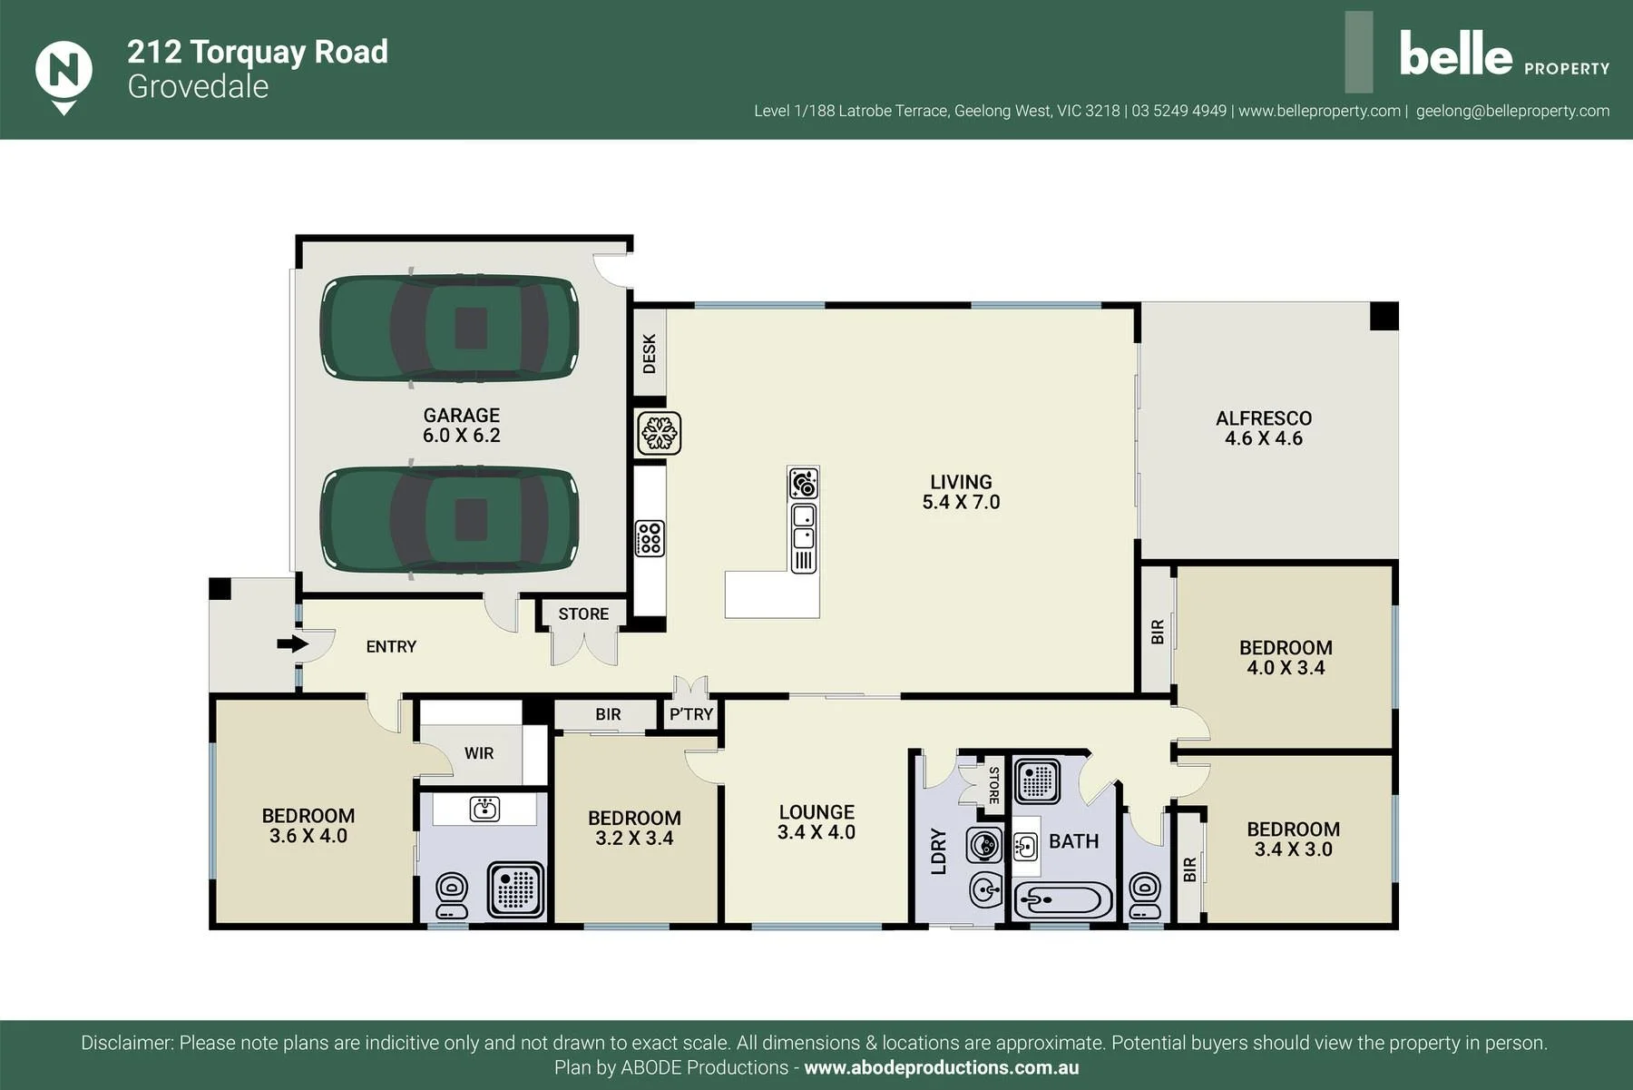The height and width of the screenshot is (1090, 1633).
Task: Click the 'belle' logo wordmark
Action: pos(1455,54)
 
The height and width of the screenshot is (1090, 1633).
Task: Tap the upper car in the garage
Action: pos(449,327)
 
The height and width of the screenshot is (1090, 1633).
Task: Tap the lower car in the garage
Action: pos(449,520)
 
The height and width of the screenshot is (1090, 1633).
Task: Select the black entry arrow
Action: pos(292,643)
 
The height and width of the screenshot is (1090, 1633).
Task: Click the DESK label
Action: pos(650,353)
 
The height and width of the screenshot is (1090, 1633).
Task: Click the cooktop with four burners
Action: pos(650,537)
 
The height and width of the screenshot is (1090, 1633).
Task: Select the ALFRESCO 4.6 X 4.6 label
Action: pos(1264,428)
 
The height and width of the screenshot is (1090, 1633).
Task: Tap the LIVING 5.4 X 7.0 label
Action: pos(961,492)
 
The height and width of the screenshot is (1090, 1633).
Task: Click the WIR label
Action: pos(479,753)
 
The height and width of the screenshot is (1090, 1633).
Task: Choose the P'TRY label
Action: pos(691,714)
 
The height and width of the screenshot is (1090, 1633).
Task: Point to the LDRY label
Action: pos(939,851)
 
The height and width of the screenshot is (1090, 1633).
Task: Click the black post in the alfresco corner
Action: pos(1384,316)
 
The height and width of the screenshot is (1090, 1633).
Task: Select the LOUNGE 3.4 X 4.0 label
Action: pos(816,822)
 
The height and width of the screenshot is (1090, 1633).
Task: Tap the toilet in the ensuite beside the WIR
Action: pos(452,896)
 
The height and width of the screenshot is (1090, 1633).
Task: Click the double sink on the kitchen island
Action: pos(804,526)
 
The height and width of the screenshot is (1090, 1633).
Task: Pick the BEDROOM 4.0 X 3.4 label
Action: pos(1286,658)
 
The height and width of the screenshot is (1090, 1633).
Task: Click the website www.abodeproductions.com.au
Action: pos(942,1068)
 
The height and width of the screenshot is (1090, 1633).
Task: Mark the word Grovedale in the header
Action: pos(198,86)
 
